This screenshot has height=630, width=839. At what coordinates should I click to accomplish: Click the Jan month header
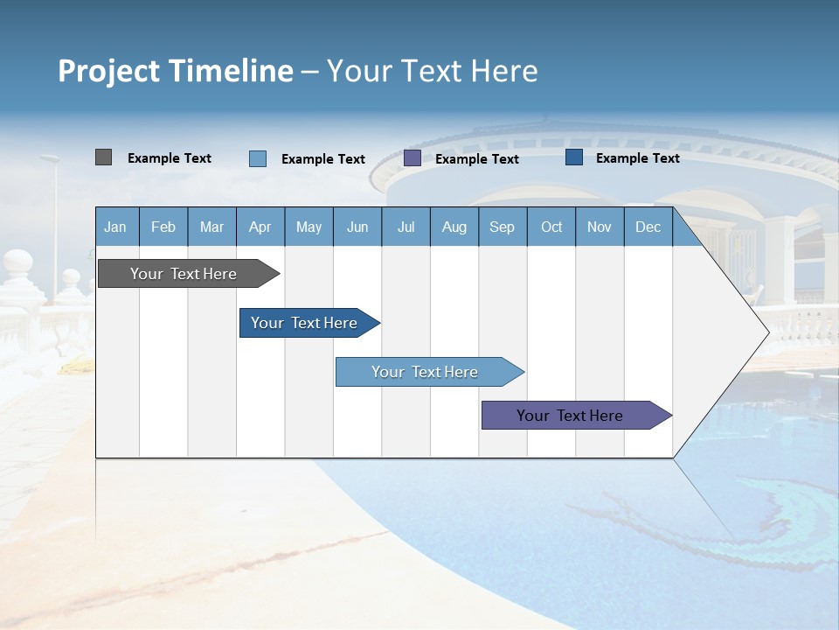116,227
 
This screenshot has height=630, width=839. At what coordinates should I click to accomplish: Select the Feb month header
163,227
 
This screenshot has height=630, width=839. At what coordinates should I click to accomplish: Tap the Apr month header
260,227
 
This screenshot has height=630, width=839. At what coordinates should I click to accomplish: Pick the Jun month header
357,227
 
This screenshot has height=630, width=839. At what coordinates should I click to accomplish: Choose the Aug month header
454,227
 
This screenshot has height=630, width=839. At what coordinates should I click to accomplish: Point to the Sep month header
503,227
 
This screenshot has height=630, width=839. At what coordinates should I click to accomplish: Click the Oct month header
551,227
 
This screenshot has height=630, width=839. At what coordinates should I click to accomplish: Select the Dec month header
648,227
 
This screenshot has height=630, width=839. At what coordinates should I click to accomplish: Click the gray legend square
103,157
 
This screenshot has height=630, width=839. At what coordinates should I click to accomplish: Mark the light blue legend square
258,158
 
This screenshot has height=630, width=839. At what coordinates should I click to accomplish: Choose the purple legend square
413,158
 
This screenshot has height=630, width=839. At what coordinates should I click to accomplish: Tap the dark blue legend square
574,157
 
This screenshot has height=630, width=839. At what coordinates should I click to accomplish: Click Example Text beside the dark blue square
637,158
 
